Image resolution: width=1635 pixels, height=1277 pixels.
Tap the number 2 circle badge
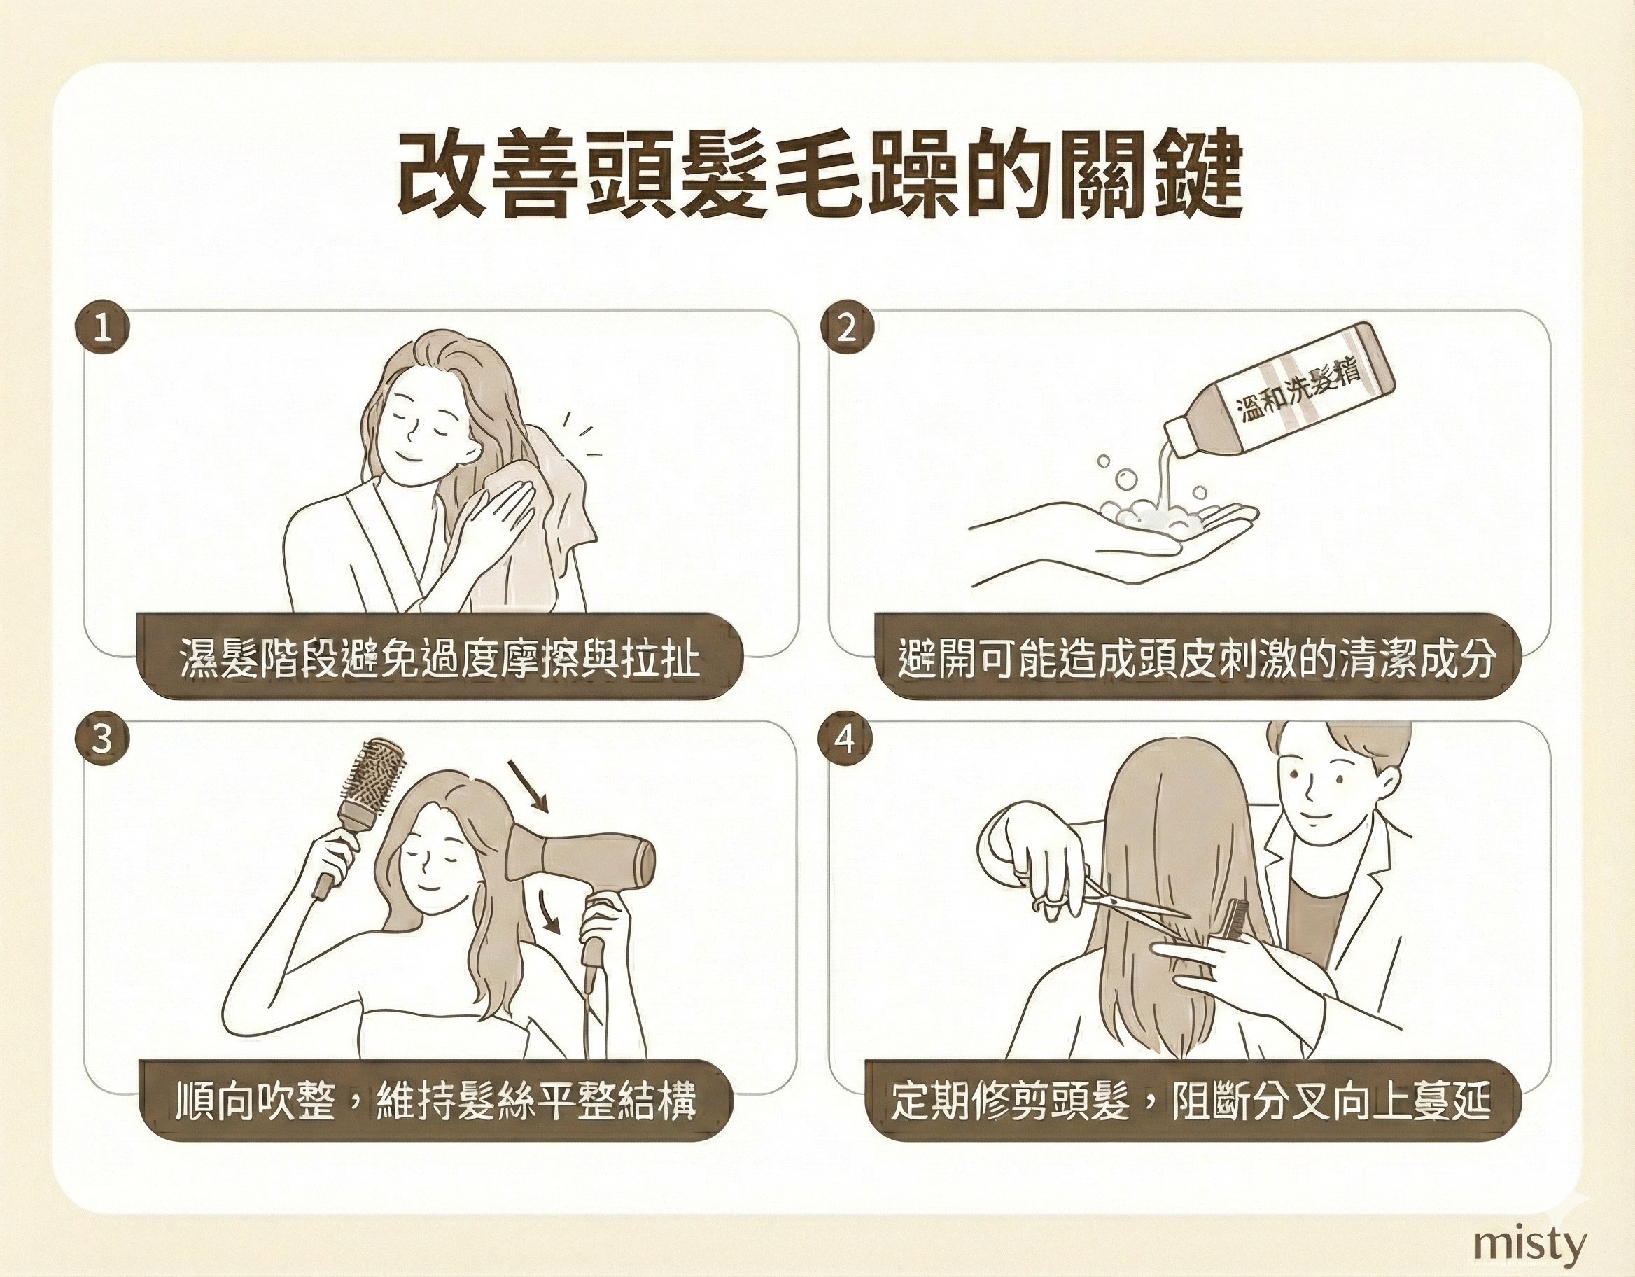click(x=847, y=329)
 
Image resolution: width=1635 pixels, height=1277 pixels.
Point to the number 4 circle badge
click(x=847, y=740)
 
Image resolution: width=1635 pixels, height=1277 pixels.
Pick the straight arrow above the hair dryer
click(x=528, y=786)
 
